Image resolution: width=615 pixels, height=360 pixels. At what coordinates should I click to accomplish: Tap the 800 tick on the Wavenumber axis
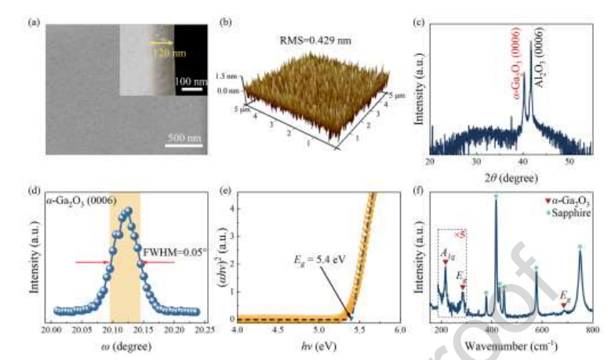click(x=592, y=333)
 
